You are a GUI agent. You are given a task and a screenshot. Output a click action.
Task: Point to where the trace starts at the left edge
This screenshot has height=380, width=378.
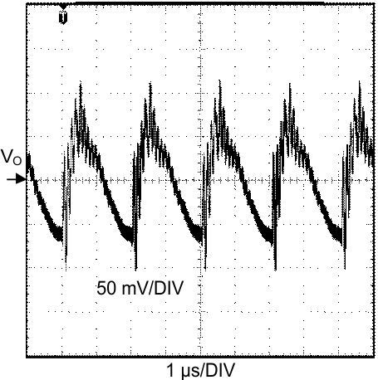coord(29,155)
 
